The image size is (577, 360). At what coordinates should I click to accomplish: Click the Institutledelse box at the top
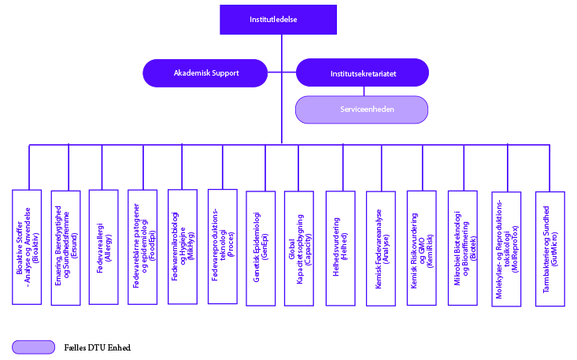(x=278, y=20)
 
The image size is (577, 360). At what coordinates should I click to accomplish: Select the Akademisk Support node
(x=205, y=73)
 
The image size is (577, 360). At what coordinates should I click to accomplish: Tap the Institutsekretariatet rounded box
(x=362, y=72)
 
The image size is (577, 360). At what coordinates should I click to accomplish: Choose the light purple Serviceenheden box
(x=362, y=109)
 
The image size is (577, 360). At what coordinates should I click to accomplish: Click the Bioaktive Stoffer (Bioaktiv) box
(x=27, y=247)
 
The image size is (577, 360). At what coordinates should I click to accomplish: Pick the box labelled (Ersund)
(x=66, y=247)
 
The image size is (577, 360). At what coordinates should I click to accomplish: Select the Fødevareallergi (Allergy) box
(x=104, y=247)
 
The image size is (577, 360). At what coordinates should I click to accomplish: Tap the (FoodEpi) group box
(x=142, y=247)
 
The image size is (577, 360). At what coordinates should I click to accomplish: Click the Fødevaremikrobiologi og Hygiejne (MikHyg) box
(x=183, y=247)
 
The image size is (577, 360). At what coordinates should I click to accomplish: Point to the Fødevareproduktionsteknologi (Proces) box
(x=223, y=247)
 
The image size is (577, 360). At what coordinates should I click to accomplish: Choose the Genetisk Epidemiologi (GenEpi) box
(x=261, y=248)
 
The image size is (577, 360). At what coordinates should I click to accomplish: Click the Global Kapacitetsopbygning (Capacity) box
(x=299, y=248)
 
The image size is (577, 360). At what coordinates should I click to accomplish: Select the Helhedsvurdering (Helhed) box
(x=340, y=248)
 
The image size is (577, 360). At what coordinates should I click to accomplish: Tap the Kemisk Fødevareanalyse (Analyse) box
(x=381, y=248)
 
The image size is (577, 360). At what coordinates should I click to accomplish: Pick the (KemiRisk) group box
(x=422, y=248)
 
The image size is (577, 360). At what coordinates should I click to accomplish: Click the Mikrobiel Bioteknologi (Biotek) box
(x=463, y=248)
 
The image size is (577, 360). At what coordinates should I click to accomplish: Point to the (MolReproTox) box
(x=506, y=249)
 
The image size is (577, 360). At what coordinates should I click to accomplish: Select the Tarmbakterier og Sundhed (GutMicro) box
(x=550, y=249)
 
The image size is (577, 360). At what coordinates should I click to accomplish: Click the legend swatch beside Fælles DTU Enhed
(x=34, y=347)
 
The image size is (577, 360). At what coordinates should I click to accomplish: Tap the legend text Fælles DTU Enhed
(x=98, y=347)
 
